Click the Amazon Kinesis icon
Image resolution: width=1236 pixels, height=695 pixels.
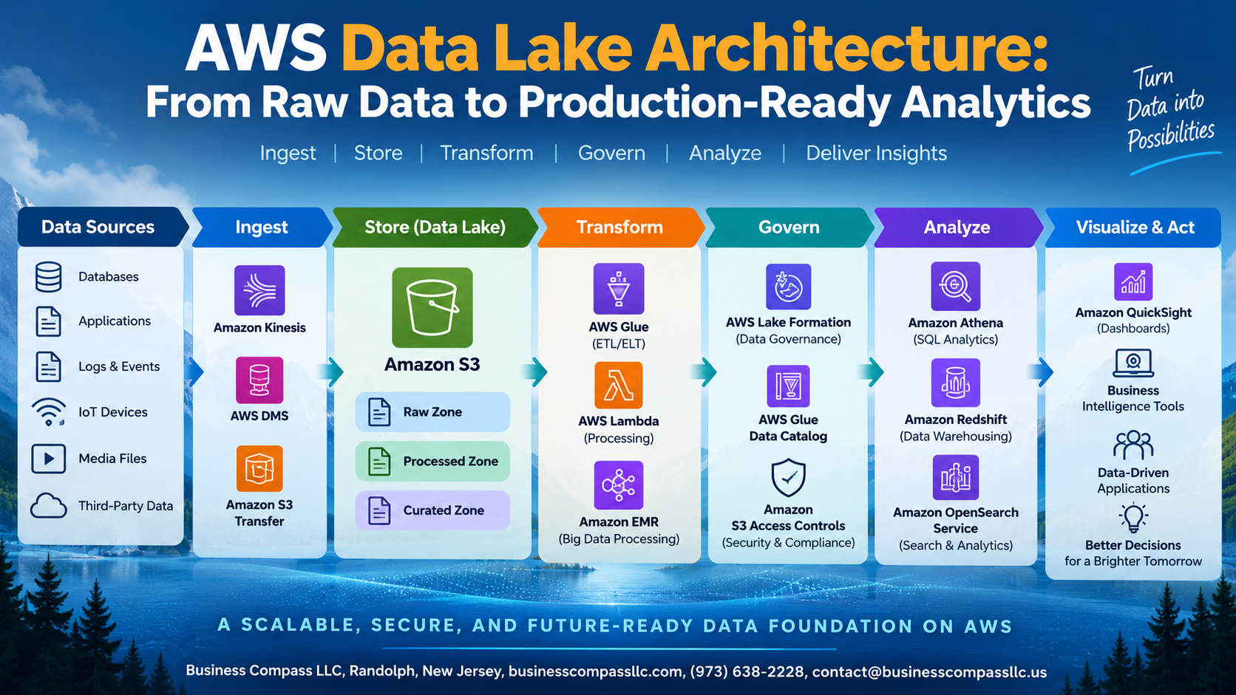pyautogui.click(x=259, y=290)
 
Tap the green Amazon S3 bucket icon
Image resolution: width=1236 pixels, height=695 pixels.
pyautogui.click(x=432, y=307)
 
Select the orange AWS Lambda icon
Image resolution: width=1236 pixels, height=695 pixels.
pyautogui.click(x=619, y=386)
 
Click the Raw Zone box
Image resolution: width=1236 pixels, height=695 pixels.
pyautogui.click(x=432, y=411)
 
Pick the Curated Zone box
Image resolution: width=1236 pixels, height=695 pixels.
pyautogui.click(x=432, y=510)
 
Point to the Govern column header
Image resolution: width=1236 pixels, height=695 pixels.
pyautogui.click(x=789, y=227)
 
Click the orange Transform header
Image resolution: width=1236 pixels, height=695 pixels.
pyautogui.click(x=620, y=227)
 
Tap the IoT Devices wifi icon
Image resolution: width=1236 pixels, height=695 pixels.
pyautogui.click(x=49, y=411)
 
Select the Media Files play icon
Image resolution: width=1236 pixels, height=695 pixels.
pyautogui.click(x=49, y=459)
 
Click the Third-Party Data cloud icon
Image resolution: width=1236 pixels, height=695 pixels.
pyautogui.click(x=49, y=506)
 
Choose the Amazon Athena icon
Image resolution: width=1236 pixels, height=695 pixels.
pyautogui.click(x=955, y=286)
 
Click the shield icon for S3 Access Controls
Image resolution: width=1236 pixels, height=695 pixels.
pyautogui.click(x=789, y=478)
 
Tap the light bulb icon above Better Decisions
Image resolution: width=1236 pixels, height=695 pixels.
pyautogui.click(x=1133, y=518)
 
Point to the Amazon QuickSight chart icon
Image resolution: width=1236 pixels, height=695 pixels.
pyautogui.click(x=1133, y=281)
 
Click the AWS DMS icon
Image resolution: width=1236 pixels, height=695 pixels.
pyautogui.click(x=259, y=380)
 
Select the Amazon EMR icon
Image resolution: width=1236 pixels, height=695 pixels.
pyautogui.click(x=619, y=485)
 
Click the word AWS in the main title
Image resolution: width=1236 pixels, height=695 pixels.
pyautogui.click(x=256, y=48)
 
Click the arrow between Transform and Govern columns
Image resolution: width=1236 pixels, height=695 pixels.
pyautogui.click(x=704, y=372)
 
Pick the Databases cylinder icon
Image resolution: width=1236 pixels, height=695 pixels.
pyautogui.click(x=49, y=277)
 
